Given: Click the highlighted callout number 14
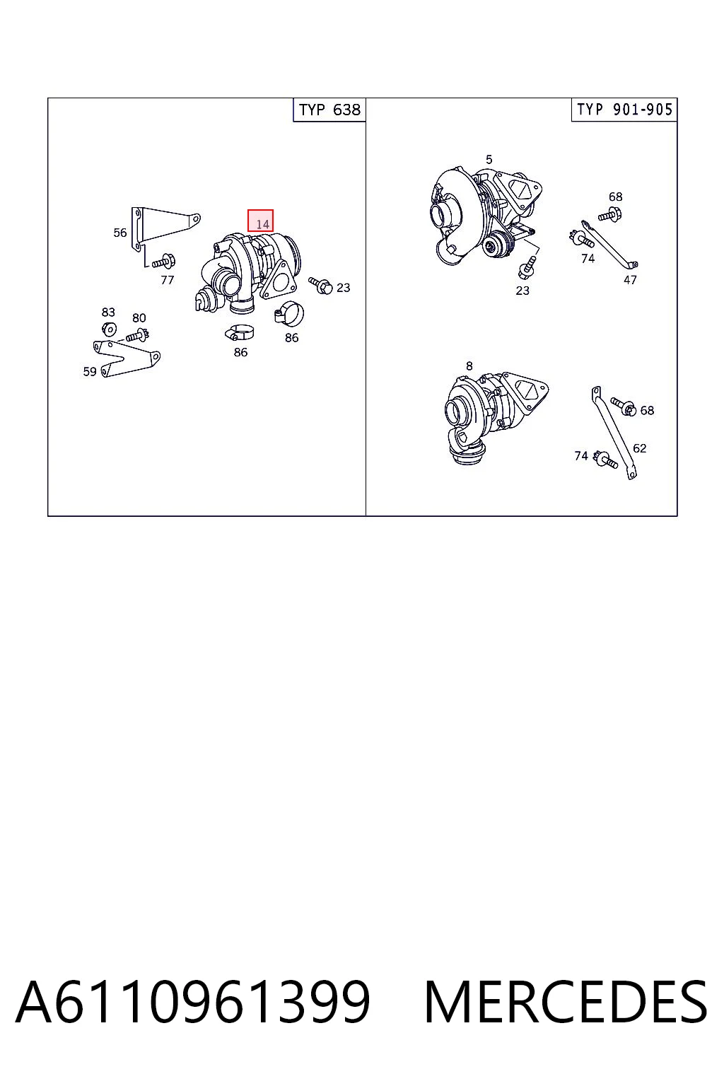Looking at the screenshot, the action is point(260,221).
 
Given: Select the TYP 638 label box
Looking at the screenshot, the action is point(329,110).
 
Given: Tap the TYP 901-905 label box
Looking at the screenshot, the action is point(624,110).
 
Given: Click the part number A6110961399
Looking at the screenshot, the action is point(193,1002).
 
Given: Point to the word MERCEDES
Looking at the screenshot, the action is point(566,1002).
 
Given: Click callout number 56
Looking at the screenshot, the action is point(119,233).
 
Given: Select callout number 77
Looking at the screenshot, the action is point(168,280).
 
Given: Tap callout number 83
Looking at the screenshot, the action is point(108,312).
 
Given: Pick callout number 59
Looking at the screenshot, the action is point(90,371).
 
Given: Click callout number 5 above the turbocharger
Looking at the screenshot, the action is point(489,160).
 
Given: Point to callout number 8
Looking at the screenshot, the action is point(469,366).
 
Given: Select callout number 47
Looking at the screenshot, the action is point(630,280).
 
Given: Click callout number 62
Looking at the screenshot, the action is point(640,448).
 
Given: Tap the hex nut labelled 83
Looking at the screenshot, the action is point(109,329).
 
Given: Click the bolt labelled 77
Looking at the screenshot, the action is point(164,262).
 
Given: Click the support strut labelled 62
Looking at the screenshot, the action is point(613,433).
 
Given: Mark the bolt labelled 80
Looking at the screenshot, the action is point(138,335).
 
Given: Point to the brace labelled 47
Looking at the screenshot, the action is point(609,245).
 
